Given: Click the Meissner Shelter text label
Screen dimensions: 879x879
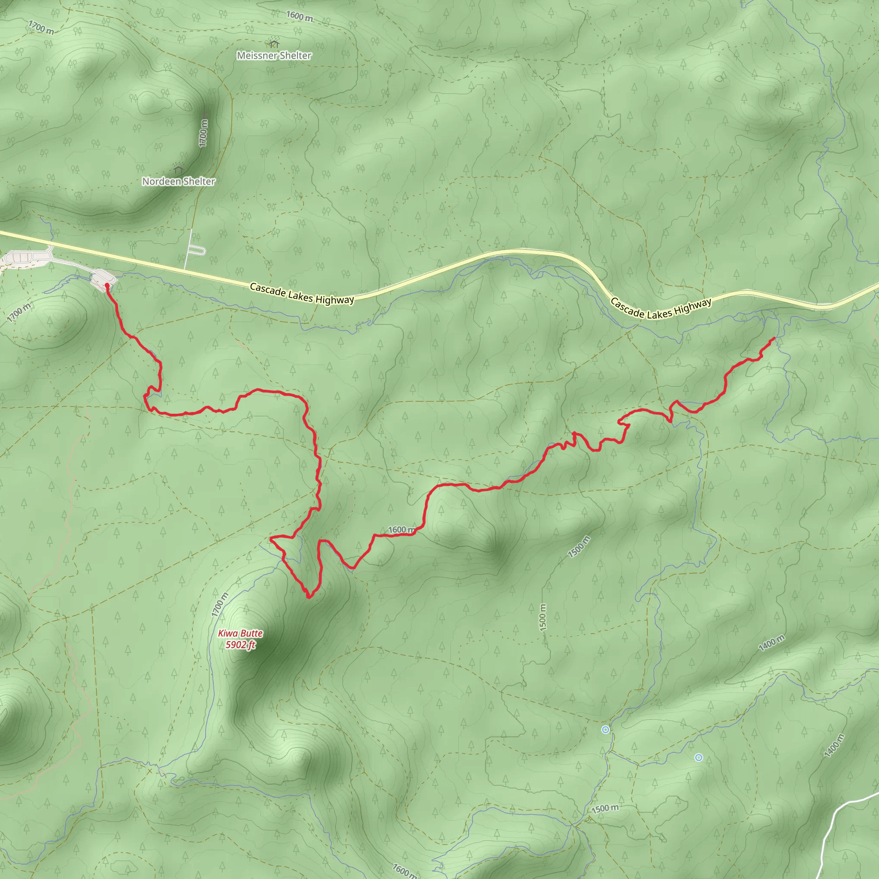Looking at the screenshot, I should coord(274,55).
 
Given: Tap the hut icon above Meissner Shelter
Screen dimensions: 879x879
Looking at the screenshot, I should coord(273,44).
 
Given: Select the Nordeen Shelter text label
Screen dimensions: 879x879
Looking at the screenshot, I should coord(179,182).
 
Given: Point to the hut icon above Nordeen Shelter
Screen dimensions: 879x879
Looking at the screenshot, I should coord(178,170).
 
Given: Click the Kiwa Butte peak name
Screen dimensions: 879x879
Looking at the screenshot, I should coord(240,633).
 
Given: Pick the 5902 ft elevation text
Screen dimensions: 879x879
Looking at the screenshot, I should coord(240,645).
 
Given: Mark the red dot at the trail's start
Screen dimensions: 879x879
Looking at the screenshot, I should coord(107,285).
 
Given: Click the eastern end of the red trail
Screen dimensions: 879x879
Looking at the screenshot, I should coord(774,339).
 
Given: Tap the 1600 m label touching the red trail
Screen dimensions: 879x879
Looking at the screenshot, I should coord(401,530).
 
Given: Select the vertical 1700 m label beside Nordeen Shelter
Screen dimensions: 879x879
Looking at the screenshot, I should coord(203,133).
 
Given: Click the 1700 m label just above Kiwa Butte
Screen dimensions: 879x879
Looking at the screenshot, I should coord(220,605).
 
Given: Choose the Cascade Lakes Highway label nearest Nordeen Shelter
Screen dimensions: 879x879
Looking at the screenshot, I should coord(302,294).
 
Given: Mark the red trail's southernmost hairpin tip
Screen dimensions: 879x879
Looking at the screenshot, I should coord(309,597).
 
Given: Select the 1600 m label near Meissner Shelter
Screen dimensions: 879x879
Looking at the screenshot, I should coord(300,16).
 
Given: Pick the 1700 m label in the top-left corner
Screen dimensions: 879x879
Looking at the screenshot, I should coord(41,28).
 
